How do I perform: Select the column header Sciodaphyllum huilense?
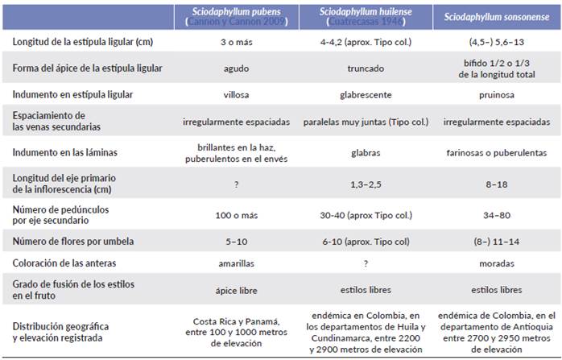364,15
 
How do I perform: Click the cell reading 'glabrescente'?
364,94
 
